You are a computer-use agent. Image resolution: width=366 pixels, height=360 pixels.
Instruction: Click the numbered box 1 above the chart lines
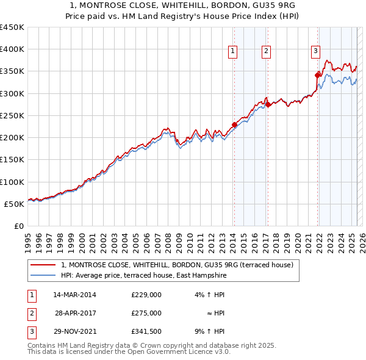point(234,52)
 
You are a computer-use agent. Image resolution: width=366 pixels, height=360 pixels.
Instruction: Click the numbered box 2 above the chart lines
point(267,52)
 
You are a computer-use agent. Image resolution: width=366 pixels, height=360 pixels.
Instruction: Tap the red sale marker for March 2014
point(234,125)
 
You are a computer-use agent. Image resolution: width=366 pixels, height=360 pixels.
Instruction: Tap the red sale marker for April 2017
point(268,105)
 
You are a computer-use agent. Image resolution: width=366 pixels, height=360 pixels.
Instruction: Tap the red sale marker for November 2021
point(317,75)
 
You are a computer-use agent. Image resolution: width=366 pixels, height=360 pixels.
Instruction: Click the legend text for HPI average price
point(143,276)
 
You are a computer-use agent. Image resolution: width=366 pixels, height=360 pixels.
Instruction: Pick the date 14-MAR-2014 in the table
point(74,295)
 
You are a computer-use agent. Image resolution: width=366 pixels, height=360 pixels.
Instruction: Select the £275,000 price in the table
point(146,313)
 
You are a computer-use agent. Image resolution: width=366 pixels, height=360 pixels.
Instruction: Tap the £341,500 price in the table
point(146,331)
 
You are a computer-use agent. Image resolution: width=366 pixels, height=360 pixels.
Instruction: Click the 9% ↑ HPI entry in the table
point(209,331)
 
